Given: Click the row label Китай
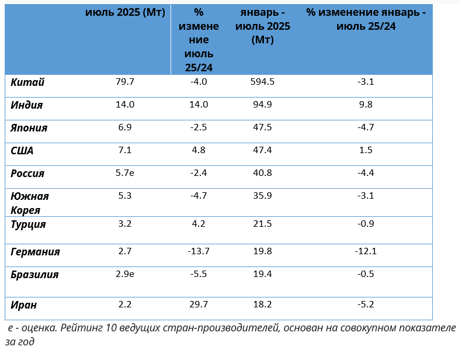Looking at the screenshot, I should click(x=27, y=82).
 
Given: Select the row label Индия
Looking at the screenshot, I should click(x=27, y=105).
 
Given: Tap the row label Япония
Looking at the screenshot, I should click(x=29, y=128).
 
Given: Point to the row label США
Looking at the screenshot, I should click(x=23, y=151).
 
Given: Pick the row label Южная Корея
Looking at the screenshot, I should click(x=30, y=203).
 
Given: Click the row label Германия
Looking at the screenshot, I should click(x=36, y=252).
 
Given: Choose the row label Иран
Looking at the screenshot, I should click(x=24, y=304).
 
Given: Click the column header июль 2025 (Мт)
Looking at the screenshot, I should click(x=125, y=13).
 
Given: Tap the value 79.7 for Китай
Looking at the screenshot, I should click(x=125, y=82).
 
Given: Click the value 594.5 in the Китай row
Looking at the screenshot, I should click(x=263, y=82).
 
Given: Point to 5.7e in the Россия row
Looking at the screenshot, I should click(x=126, y=173).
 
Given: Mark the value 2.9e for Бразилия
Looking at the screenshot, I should click(x=126, y=274).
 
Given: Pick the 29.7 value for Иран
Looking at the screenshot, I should click(x=199, y=304).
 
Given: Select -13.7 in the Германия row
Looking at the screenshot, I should click(x=199, y=251).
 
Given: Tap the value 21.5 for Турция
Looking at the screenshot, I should click(x=263, y=224).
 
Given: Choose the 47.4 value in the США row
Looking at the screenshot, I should click(x=263, y=150).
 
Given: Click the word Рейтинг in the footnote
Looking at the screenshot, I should click(x=83, y=328).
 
